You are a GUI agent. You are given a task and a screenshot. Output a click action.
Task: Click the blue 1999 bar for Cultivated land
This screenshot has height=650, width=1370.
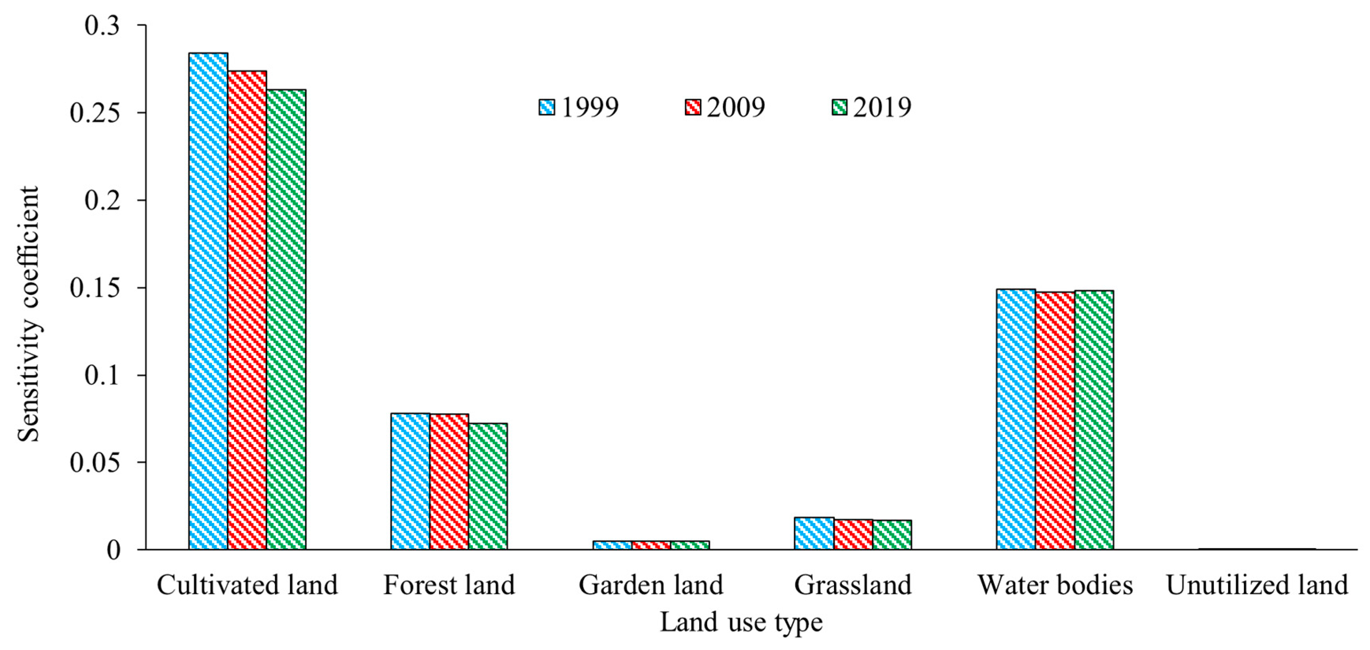point(208,301)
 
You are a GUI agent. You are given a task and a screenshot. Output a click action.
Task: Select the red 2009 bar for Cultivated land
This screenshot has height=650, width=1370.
point(247,310)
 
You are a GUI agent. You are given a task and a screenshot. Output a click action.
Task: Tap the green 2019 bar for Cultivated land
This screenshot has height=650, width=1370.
point(286,319)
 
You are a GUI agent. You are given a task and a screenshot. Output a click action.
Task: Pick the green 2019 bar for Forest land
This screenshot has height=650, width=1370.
point(488,486)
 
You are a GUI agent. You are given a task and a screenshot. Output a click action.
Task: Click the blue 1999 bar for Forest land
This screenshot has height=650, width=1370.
point(410,481)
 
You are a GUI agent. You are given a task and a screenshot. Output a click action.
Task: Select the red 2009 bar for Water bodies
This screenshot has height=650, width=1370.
point(1055,421)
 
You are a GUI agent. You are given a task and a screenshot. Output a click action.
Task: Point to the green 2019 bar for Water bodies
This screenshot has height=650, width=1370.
point(1094,420)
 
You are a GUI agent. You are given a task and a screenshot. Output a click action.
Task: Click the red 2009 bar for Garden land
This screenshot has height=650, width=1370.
point(651,545)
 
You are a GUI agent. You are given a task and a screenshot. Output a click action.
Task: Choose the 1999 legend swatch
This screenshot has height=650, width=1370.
point(546,107)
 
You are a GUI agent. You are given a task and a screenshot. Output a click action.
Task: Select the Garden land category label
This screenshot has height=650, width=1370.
point(651,585)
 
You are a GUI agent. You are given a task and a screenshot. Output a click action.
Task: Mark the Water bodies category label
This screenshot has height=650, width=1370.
point(1055,585)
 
